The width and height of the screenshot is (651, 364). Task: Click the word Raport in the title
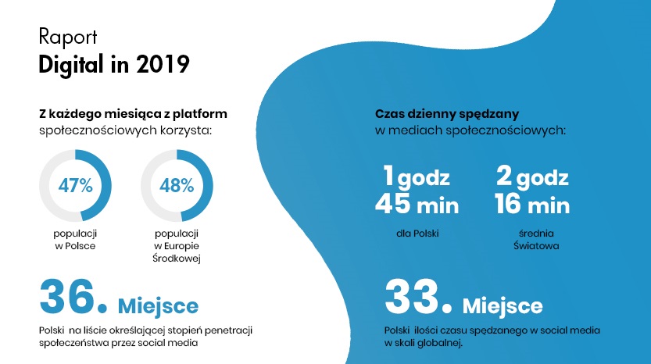[x=68, y=37]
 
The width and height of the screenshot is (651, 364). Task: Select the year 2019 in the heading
[x=163, y=64]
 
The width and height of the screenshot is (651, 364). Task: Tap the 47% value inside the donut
[x=75, y=186]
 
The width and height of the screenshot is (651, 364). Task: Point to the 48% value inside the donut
[x=177, y=186]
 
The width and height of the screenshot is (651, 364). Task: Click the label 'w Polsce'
[x=75, y=246]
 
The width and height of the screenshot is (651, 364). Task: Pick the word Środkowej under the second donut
[x=177, y=259]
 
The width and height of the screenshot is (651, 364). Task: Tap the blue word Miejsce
[x=158, y=306]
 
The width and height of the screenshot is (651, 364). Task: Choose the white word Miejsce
[x=503, y=306]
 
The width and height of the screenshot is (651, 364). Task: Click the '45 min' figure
[x=417, y=204]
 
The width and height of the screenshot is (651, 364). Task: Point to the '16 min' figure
[x=532, y=204]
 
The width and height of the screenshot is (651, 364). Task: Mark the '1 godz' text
[x=417, y=177]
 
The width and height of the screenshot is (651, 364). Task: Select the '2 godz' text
[x=532, y=177]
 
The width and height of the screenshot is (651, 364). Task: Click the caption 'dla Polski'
[x=417, y=234]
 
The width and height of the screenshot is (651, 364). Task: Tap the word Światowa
[x=536, y=246]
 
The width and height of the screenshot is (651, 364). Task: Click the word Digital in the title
[x=71, y=66]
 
